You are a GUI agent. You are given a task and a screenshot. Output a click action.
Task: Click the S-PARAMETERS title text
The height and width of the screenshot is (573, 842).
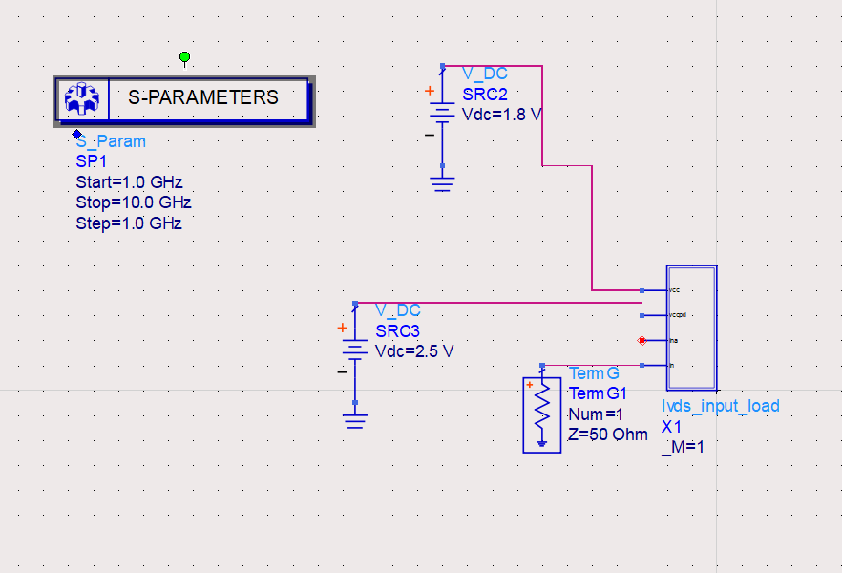203,97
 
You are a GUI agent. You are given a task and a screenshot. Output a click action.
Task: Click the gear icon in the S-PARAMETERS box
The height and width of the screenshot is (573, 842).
82,98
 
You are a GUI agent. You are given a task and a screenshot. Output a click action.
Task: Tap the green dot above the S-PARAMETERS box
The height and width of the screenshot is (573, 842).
185,58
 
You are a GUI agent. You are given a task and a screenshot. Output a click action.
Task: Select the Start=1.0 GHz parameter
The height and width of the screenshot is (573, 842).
129,182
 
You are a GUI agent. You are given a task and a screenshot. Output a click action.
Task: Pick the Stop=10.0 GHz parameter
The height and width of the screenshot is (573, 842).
134,203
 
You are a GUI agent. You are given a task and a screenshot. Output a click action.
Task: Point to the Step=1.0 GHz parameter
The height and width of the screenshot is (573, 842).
129,223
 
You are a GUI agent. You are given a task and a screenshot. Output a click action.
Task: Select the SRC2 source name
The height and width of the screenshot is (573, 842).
485,94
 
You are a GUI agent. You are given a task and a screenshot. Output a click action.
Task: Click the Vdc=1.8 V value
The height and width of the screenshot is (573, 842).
502,115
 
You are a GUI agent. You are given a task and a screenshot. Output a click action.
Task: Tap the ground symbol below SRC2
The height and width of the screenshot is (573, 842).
442,181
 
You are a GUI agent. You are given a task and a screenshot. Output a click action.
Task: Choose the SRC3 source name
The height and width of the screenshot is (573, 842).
397,330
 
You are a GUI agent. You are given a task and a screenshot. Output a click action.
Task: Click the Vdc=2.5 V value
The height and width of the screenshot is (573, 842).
414,351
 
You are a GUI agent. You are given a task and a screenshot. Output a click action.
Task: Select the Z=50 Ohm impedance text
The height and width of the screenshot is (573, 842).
608,435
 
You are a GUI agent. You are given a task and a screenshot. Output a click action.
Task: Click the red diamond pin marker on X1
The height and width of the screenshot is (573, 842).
642,340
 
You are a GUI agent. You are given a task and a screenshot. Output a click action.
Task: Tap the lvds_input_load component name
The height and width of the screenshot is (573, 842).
721,406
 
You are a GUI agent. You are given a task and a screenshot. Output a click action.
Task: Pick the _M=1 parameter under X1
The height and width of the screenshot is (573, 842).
683,447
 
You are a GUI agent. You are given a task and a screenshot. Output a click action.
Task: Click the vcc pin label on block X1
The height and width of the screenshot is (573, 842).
675,289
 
